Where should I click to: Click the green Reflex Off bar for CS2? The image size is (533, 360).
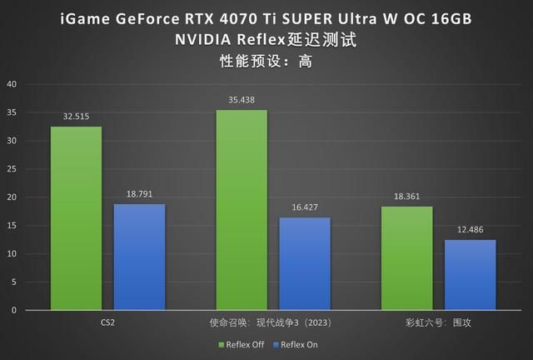76,218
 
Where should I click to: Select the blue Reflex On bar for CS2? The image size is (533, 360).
139,257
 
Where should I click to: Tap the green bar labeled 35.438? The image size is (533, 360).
242,210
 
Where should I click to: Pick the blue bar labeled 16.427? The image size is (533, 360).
305,263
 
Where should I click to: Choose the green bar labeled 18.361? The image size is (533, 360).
406,258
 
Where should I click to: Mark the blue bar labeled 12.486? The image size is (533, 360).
470,275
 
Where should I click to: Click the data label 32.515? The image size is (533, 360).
76,117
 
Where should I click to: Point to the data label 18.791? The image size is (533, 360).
139,194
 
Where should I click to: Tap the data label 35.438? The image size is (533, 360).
242,100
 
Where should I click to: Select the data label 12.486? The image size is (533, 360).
470,230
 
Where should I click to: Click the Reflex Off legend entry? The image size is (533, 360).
242,344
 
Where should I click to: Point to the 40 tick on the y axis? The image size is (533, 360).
12,84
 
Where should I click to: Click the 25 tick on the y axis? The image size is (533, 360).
12,169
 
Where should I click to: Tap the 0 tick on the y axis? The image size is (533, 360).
14,310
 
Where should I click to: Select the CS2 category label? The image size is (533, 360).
107,321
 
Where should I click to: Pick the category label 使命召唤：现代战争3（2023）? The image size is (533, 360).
273,321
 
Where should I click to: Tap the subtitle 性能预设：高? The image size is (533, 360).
266,61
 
